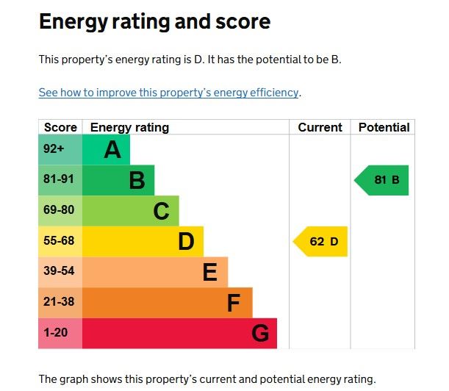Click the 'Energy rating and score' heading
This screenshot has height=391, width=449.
(x=154, y=22)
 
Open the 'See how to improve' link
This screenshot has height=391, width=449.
(x=169, y=93)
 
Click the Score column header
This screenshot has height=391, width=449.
(x=60, y=127)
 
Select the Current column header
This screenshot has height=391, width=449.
(x=320, y=127)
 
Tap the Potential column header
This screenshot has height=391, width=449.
(x=384, y=127)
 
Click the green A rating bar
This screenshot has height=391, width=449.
(x=107, y=150)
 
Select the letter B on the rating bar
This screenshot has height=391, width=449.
(x=137, y=181)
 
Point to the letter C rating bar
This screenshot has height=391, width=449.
(x=161, y=212)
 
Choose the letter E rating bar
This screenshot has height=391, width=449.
(x=209, y=273)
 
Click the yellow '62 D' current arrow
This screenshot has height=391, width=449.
(x=322, y=242)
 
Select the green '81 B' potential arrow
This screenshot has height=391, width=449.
(x=383, y=180)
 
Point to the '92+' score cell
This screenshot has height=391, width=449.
(x=54, y=150)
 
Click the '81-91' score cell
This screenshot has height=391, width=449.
(x=59, y=180)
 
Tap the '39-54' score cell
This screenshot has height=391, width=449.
(x=59, y=272)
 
